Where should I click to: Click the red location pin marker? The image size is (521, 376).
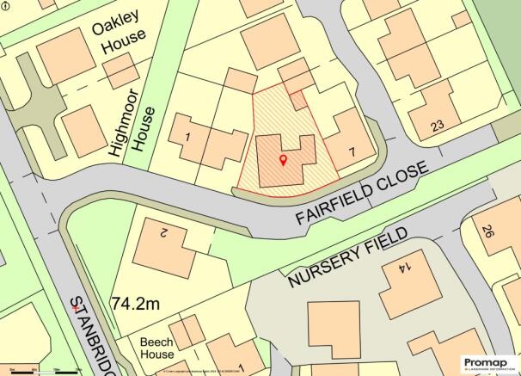(x=284, y=160)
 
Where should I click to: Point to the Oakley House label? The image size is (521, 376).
(x=121, y=38)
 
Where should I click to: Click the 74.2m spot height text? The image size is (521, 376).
(x=136, y=303)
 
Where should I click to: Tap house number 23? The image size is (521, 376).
(x=437, y=126)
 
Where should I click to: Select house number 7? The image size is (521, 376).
(x=349, y=152)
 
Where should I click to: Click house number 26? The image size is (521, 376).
(x=487, y=231)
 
